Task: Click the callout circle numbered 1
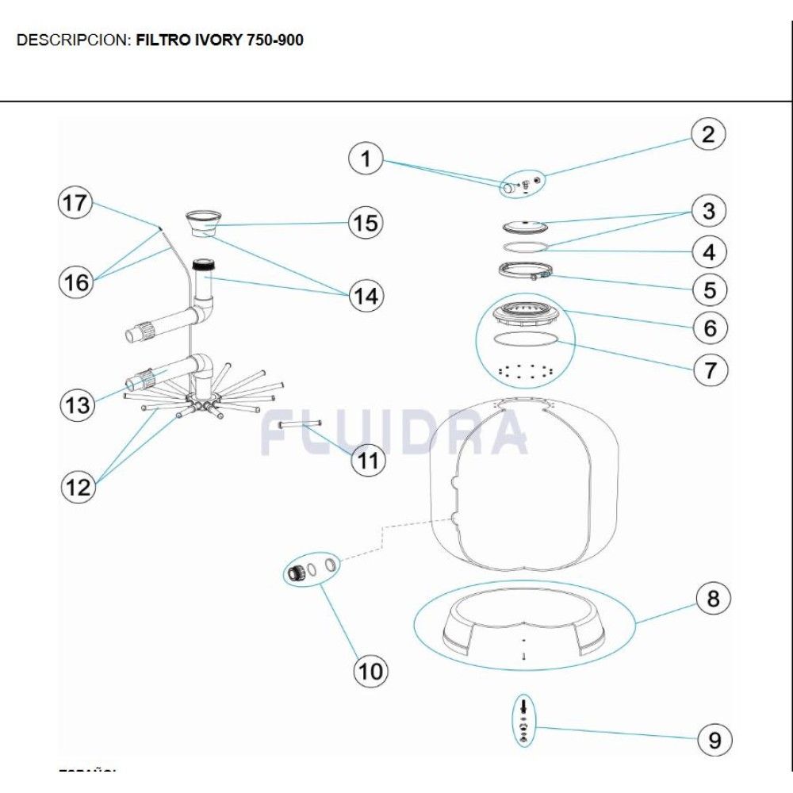click(366, 159)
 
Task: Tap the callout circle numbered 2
click(708, 134)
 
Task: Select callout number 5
click(709, 289)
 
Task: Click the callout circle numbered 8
click(713, 599)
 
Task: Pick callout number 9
click(714, 740)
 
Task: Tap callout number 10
click(370, 671)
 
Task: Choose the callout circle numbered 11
click(367, 460)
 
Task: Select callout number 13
click(78, 404)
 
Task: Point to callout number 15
click(366, 223)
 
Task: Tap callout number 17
click(76, 203)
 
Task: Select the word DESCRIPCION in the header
click(71, 40)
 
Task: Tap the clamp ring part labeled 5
click(523, 271)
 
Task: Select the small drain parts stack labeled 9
click(523, 721)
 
